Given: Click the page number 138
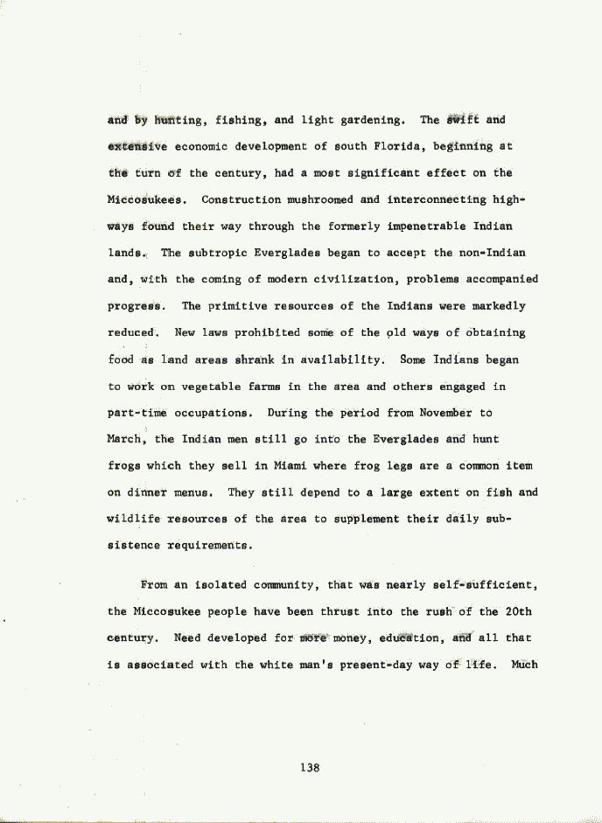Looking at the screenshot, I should (310, 768).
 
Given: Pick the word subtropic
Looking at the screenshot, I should (215, 253).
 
